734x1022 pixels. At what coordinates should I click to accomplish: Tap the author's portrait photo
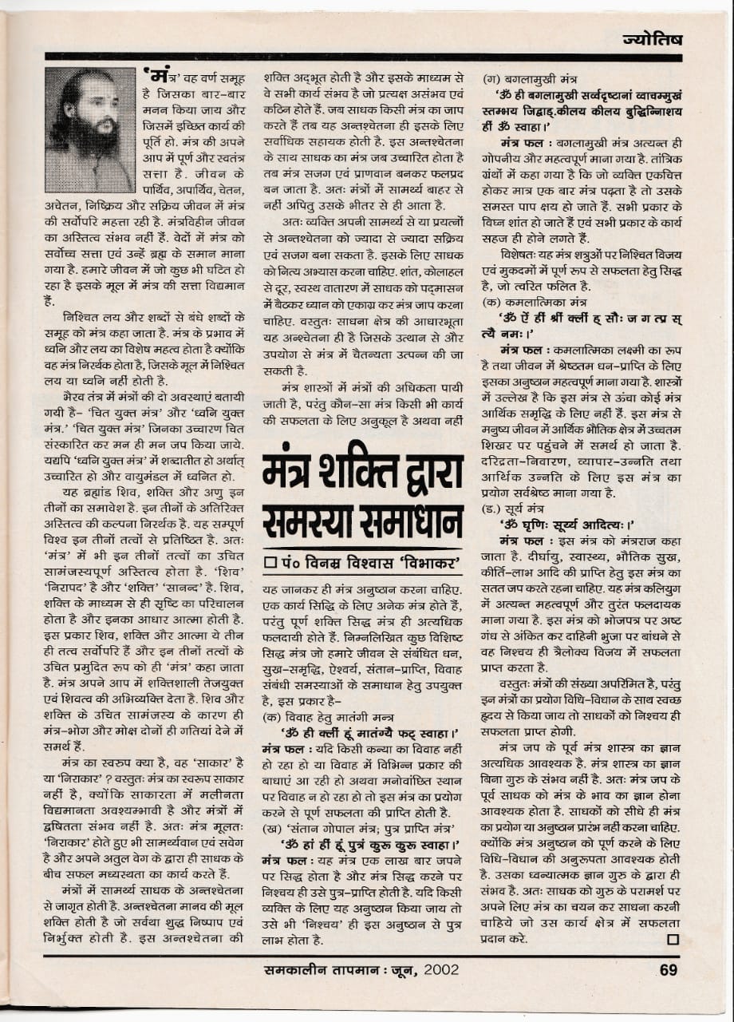(89, 129)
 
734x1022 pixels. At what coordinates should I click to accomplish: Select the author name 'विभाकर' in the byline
(428, 563)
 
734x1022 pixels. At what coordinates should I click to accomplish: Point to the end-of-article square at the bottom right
(672, 938)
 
